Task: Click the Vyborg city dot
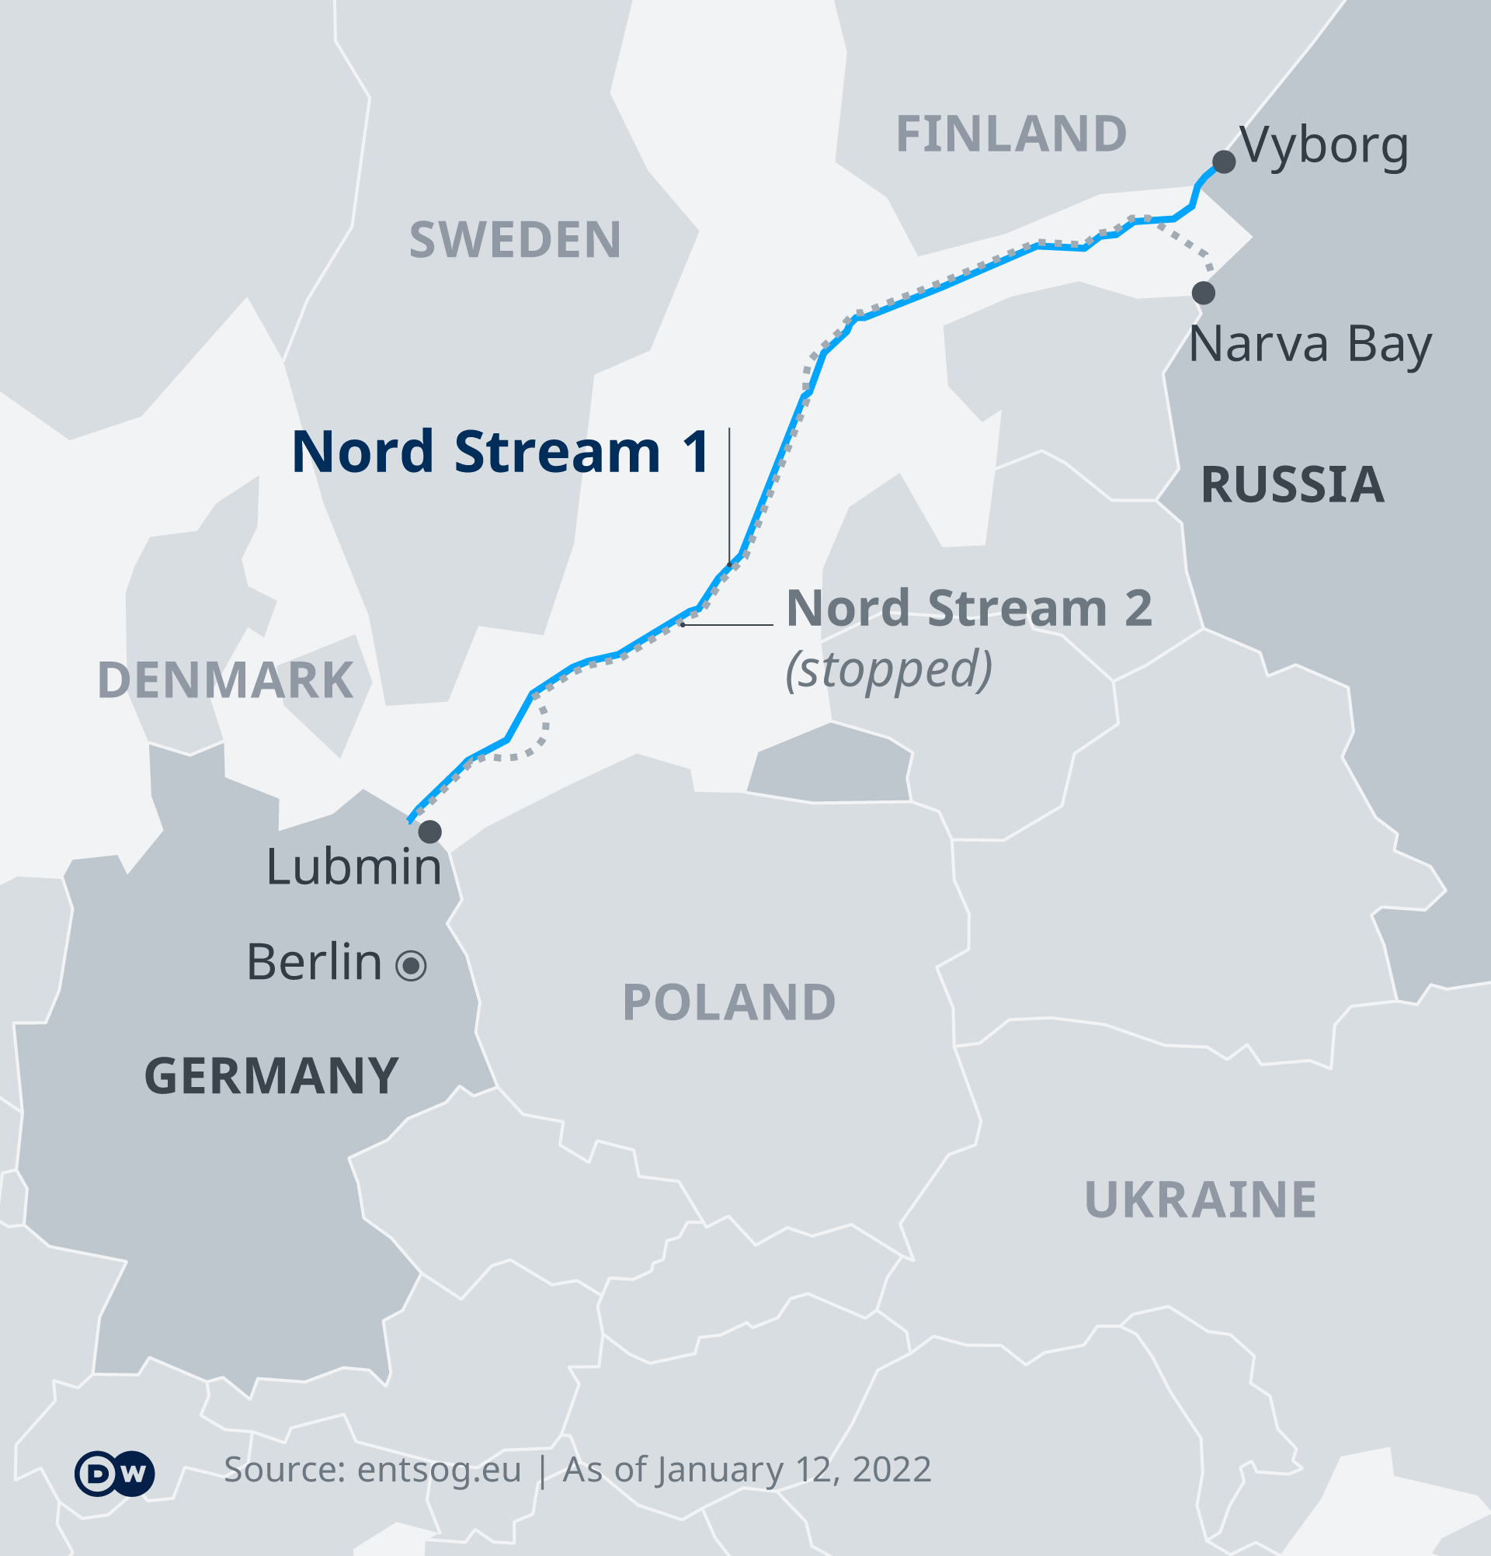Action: click(x=1223, y=162)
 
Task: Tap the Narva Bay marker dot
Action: click(x=1204, y=293)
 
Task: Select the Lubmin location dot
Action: click(x=429, y=832)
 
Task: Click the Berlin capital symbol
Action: click(x=412, y=965)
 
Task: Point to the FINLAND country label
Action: click(x=1010, y=134)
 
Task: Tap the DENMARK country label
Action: click(x=224, y=680)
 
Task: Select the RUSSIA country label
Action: click(x=1292, y=485)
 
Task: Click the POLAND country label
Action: click(x=729, y=1002)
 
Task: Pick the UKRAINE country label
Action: click(x=1201, y=1200)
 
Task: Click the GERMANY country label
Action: click(x=272, y=1076)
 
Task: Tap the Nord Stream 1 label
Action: click(x=500, y=453)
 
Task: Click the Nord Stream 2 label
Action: click(x=968, y=609)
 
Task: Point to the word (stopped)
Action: click(x=888, y=669)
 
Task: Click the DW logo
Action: click(x=115, y=1474)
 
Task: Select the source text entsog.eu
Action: click(x=439, y=1470)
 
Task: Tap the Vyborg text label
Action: click(x=1323, y=146)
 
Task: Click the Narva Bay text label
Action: click(x=1310, y=345)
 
